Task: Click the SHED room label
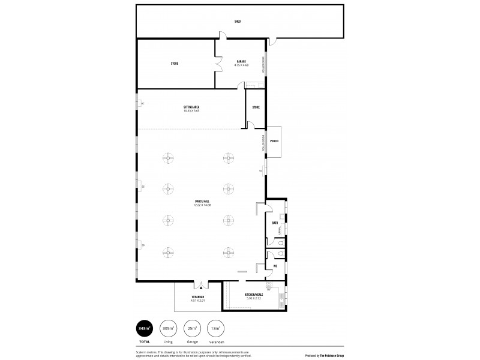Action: [x=238, y=22]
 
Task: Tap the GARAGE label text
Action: [x=241, y=61]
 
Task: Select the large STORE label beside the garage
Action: [x=175, y=63]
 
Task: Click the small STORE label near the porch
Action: [x=256, y=107]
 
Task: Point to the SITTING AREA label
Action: [x=191, y=107]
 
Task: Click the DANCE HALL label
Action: [x=203, y=202]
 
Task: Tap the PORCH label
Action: [x=274, y=142]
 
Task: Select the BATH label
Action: [x=274, y=223]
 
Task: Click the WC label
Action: [x=275, y=266]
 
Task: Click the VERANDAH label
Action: [x=198, y=297]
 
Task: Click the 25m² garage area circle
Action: [x=193, y=328]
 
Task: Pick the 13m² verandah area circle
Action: [x=215, y=328]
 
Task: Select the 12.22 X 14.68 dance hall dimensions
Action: [x=203, y=205]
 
